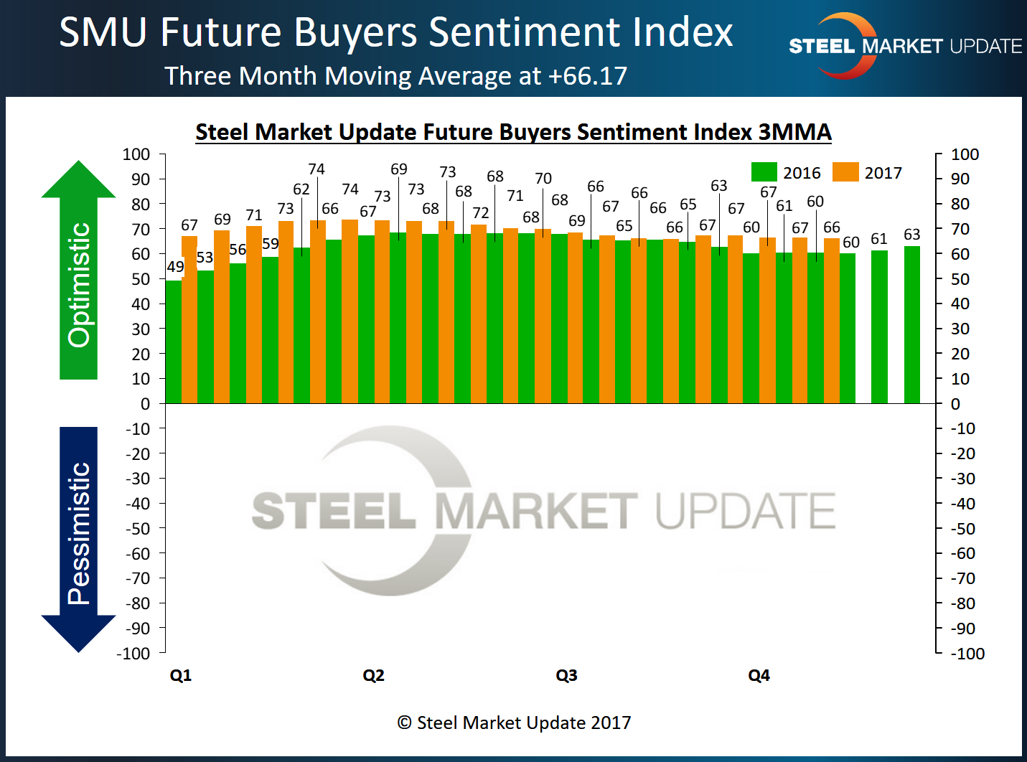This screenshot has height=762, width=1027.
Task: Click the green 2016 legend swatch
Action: coord(764,172)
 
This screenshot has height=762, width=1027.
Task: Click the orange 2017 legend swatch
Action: coord(845,172)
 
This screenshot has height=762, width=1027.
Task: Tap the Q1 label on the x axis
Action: coord(181,675)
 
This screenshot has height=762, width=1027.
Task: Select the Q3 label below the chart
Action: coord(566,675)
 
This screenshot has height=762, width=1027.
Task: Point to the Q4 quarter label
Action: coord(759,675)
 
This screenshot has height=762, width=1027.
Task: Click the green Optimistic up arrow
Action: coord(78,273)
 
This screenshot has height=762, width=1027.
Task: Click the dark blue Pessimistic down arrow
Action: coord(78,538)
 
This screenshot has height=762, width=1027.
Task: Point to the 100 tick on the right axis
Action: coord(965,154)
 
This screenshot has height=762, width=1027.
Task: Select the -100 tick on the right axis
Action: coord(967,654)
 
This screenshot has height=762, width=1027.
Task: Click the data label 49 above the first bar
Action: coord(175,267)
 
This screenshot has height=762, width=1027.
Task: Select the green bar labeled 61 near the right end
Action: coord(879,326)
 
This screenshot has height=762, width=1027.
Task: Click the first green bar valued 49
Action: coord(173,341)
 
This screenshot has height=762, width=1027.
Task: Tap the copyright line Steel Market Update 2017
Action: coord(514,723)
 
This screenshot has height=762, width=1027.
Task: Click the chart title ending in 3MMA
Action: coord(513,132)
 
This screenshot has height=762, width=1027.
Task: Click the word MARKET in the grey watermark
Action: coord(536,511)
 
